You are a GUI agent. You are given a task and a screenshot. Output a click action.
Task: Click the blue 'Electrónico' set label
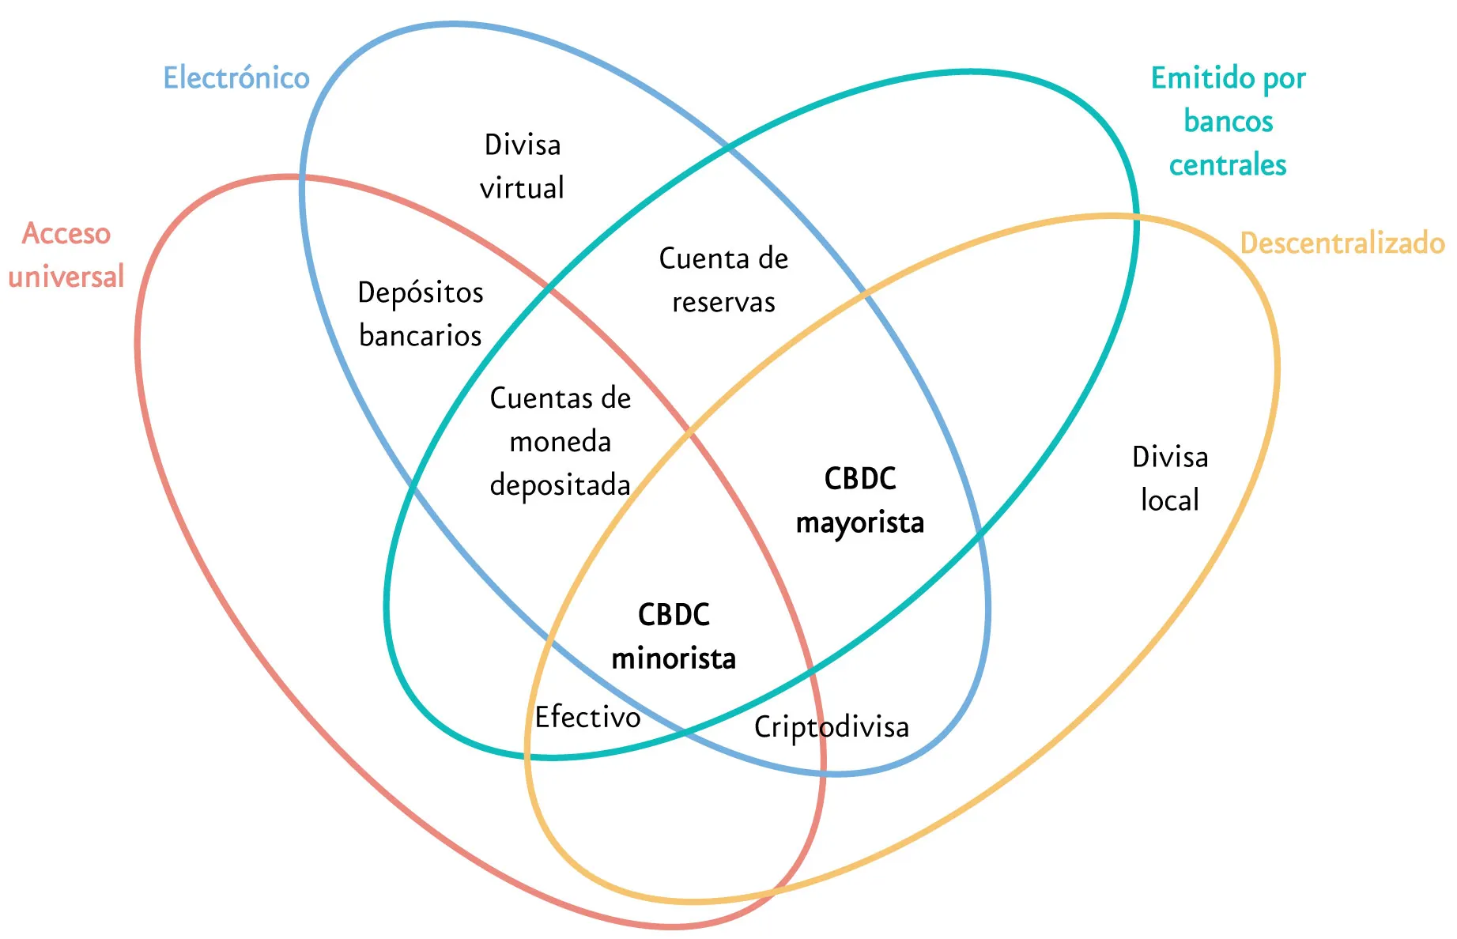click(236, 78)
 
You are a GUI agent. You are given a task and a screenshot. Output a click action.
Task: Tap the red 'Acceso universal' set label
click(66, 255)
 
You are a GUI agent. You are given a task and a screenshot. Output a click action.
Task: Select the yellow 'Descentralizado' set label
click(1342, 243)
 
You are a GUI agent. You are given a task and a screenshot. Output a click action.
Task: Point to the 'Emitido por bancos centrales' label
click(1228, 121)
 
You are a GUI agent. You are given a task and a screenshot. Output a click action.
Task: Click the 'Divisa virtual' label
click(523, 166)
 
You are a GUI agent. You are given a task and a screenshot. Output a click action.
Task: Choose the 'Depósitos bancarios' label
click(420, 314)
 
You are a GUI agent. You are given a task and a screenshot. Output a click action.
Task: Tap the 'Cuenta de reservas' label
click(723, 280)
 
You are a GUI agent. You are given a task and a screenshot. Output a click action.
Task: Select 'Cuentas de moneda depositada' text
click(560, 441)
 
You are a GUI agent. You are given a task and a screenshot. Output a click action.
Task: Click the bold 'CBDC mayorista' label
click(860, 500)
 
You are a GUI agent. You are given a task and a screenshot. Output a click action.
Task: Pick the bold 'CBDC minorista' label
click(674, 636)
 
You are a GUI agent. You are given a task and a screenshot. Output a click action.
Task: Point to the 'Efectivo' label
click(587, 717)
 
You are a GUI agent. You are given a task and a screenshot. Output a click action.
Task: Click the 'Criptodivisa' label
click(831, 727)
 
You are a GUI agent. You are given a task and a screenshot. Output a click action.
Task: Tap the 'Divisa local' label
click(1170, 478)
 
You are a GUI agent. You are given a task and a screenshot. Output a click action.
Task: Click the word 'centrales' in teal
click(1228, 165)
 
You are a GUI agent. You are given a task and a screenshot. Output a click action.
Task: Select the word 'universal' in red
click(66, 277)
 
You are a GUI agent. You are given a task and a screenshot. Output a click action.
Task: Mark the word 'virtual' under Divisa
click(523, 188)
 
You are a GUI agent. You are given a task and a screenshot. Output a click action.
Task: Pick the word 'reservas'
click(723, 302)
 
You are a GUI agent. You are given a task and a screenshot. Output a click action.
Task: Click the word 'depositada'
click(560, 485)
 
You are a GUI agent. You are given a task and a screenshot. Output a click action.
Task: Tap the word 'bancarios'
click(420, 336)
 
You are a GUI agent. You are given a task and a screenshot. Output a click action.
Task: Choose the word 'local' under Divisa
click(1170, 500)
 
